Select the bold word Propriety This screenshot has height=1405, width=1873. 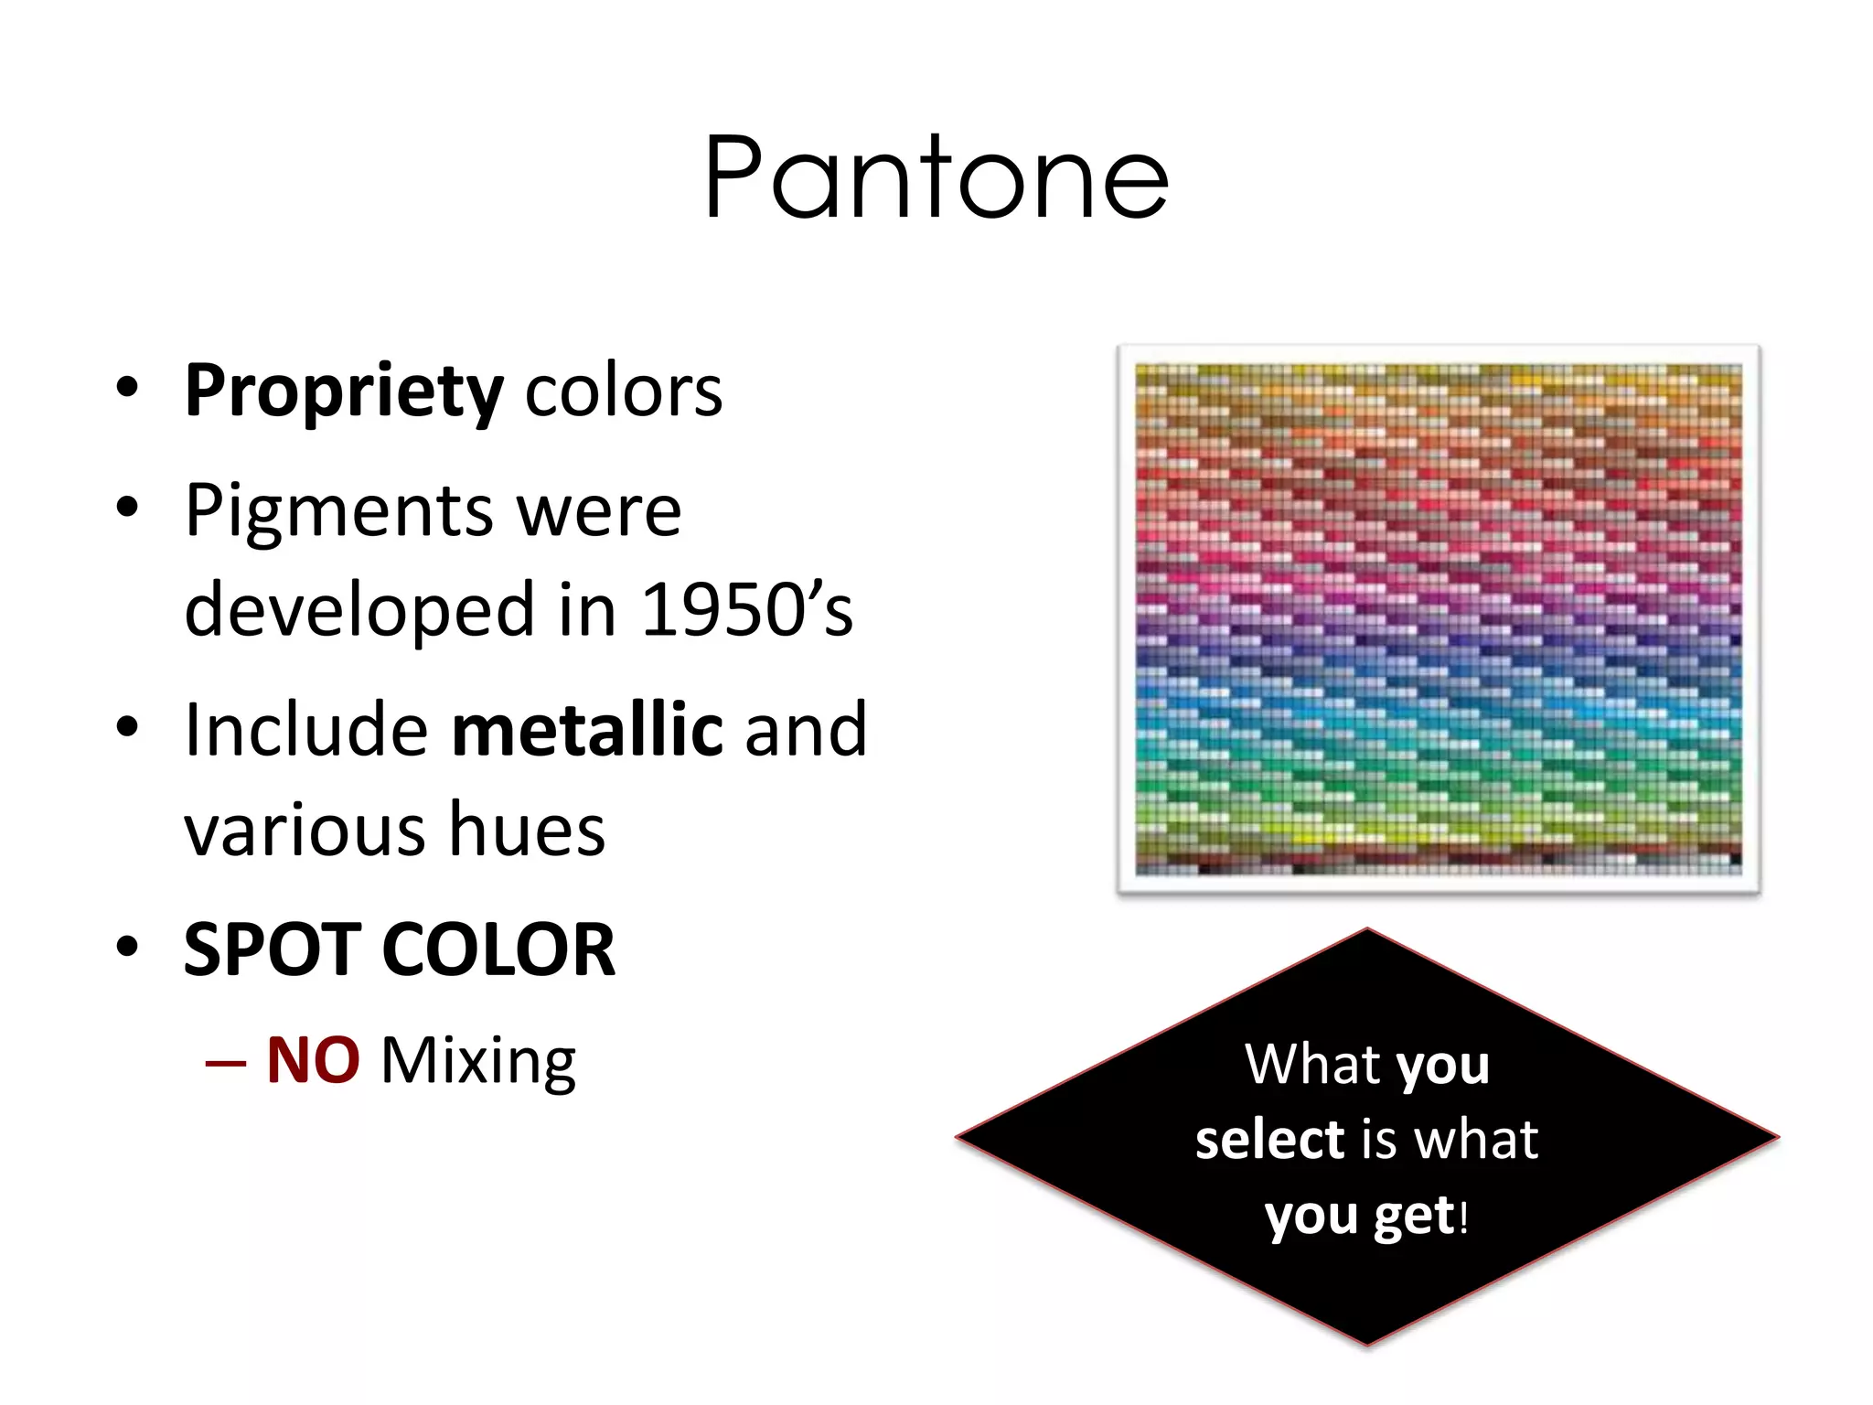(x=344, y=391)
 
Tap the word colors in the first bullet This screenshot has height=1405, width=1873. (x=624, y=391)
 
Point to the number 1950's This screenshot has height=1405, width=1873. (x=747, y=610)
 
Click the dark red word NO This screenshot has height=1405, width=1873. (x=313, y=1061)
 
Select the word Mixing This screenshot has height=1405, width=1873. (x=478, y=1063)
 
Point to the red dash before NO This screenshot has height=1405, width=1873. (x=226, y=1064)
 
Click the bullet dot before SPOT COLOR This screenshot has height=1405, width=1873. (x=127, y=947)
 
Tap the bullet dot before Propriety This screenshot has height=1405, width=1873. (x=127, y=387)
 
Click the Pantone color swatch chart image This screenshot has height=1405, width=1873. (x=1438, y=619)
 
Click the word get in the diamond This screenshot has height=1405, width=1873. (x=1414, y=1217)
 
